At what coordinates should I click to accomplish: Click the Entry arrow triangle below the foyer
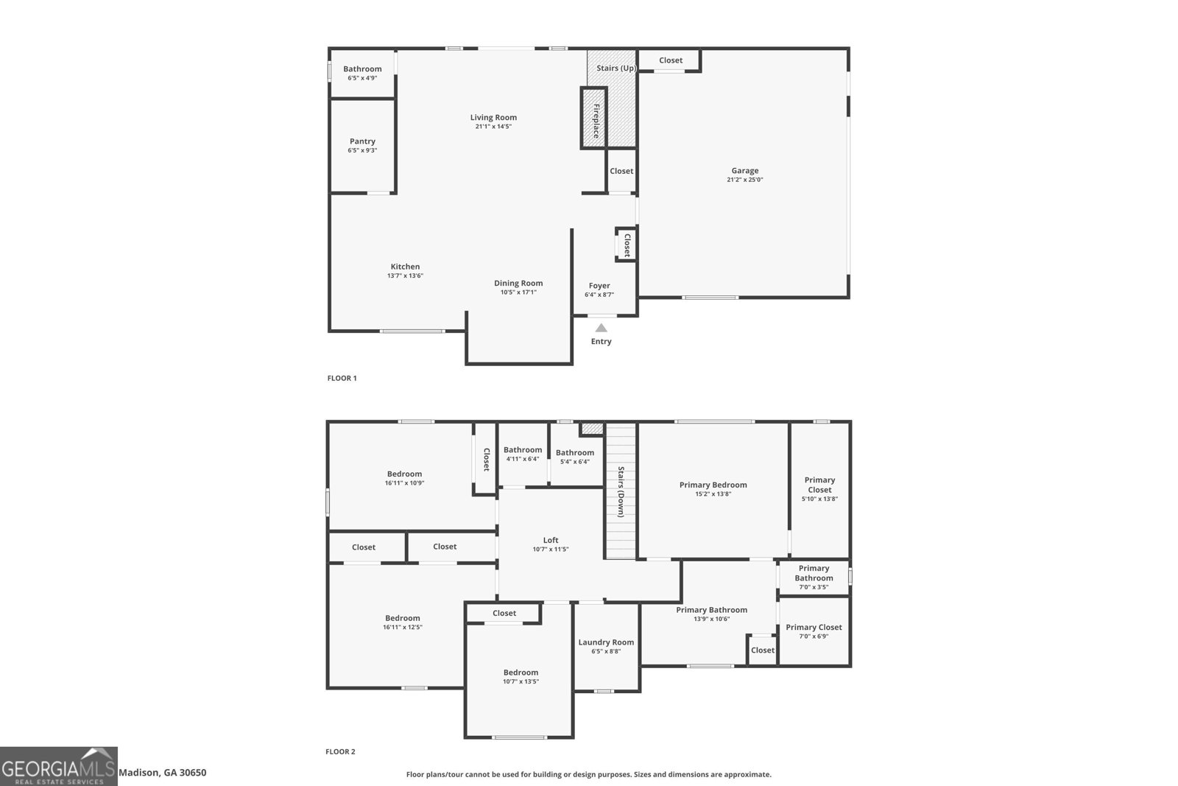(x=601, y=328)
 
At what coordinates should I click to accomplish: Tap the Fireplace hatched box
(x=594, y=118)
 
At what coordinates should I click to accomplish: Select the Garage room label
(x=744, y=170)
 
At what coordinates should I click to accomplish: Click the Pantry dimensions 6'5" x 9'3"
(x=362, y=150)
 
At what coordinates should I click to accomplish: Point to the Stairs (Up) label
(x=616, y=68)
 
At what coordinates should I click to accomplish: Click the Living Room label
(x=493, y=117)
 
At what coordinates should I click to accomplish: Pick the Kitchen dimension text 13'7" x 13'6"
(x=405, y=276)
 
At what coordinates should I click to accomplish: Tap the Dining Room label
(x=518, y=283)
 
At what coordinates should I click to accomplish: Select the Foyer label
(x=599, y=286)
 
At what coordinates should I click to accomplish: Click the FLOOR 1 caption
(x=342, y=378)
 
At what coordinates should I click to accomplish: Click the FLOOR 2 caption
(x=340, y=751)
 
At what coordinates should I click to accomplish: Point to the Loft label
(x=551, y=540)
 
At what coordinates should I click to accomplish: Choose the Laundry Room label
(x=606, y=642)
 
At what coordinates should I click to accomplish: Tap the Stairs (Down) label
(x=621, y=491)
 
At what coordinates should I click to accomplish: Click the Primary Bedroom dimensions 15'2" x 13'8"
(x=713, y=494)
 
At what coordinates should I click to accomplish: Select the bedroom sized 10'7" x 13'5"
(x=521, y=676)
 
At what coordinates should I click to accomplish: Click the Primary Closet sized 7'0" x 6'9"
(x=814, y=631)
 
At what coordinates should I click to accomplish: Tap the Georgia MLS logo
(x=58, y=767)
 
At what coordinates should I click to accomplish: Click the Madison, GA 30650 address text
(x=163, y=772)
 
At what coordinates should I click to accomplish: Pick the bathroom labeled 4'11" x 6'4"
(x=523, y=455)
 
